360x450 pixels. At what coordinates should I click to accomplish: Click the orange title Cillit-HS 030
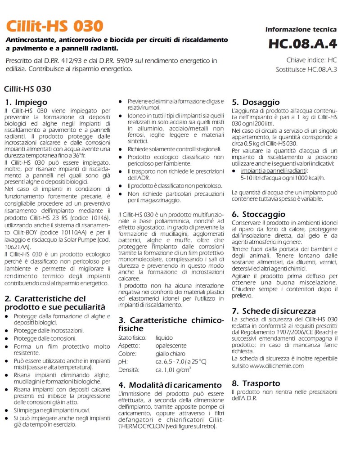54,25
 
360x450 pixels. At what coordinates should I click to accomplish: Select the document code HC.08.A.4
302,44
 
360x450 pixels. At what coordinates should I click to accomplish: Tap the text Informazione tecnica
301,29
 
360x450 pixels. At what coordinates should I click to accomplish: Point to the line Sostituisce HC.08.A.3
306,69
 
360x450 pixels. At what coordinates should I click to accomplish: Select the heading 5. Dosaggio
256,102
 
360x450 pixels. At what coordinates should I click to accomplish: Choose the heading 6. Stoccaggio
258,214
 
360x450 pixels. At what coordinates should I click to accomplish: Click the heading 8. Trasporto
256,383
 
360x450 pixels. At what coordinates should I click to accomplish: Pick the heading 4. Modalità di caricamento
170,385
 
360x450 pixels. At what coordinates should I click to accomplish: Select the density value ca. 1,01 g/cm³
173,369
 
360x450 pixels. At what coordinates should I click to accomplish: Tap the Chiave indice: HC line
311,60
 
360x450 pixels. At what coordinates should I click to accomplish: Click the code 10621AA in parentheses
17,247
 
